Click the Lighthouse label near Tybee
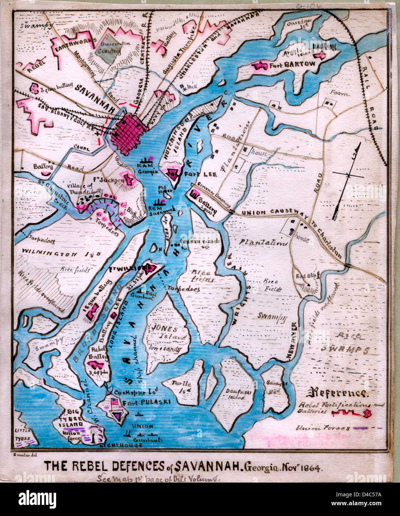(123, 445)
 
